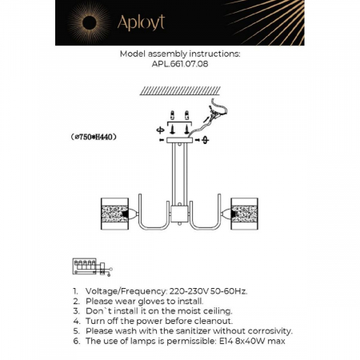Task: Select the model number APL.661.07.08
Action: (179, 65)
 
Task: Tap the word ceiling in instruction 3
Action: (213, 310)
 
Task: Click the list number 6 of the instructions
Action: (74, 341)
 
